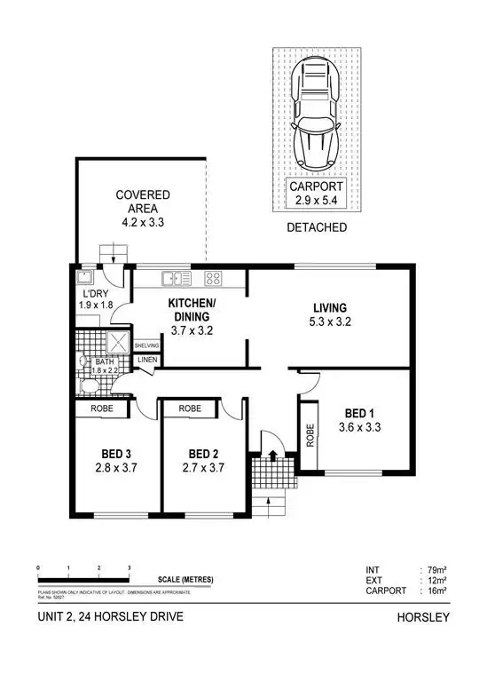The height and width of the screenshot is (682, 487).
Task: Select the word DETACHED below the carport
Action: click(317, 228)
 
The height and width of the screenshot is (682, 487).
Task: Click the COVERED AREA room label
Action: click(143, 209)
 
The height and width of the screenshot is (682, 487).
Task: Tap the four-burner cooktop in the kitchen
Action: click(213, 279)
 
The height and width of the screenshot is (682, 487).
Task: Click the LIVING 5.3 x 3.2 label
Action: click(328, 314)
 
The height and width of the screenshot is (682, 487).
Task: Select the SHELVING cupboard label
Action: click(146, 345)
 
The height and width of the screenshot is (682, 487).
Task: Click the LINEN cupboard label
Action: click(145, 360)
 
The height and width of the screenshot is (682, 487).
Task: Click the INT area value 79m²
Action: click(437, 571)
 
